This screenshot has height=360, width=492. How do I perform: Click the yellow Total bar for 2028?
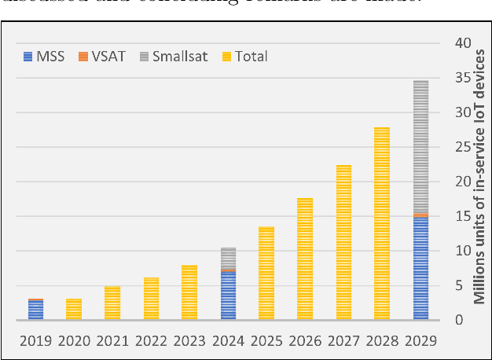coord(382,223)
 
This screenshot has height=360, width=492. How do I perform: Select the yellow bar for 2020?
coord(73,309)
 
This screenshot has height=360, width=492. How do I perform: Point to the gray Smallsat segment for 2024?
coord(228,259)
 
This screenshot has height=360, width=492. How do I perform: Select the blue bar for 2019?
coord(35,310)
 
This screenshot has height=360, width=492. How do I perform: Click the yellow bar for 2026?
coord(305,259)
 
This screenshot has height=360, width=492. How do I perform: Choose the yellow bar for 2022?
coord(151,299)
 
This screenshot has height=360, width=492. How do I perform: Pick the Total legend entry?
coord(244,56)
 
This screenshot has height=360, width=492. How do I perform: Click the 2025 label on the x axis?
coord(266,341)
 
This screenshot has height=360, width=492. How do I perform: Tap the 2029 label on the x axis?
coord(420,341)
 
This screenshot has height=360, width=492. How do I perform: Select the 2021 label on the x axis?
coord(112,341)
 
